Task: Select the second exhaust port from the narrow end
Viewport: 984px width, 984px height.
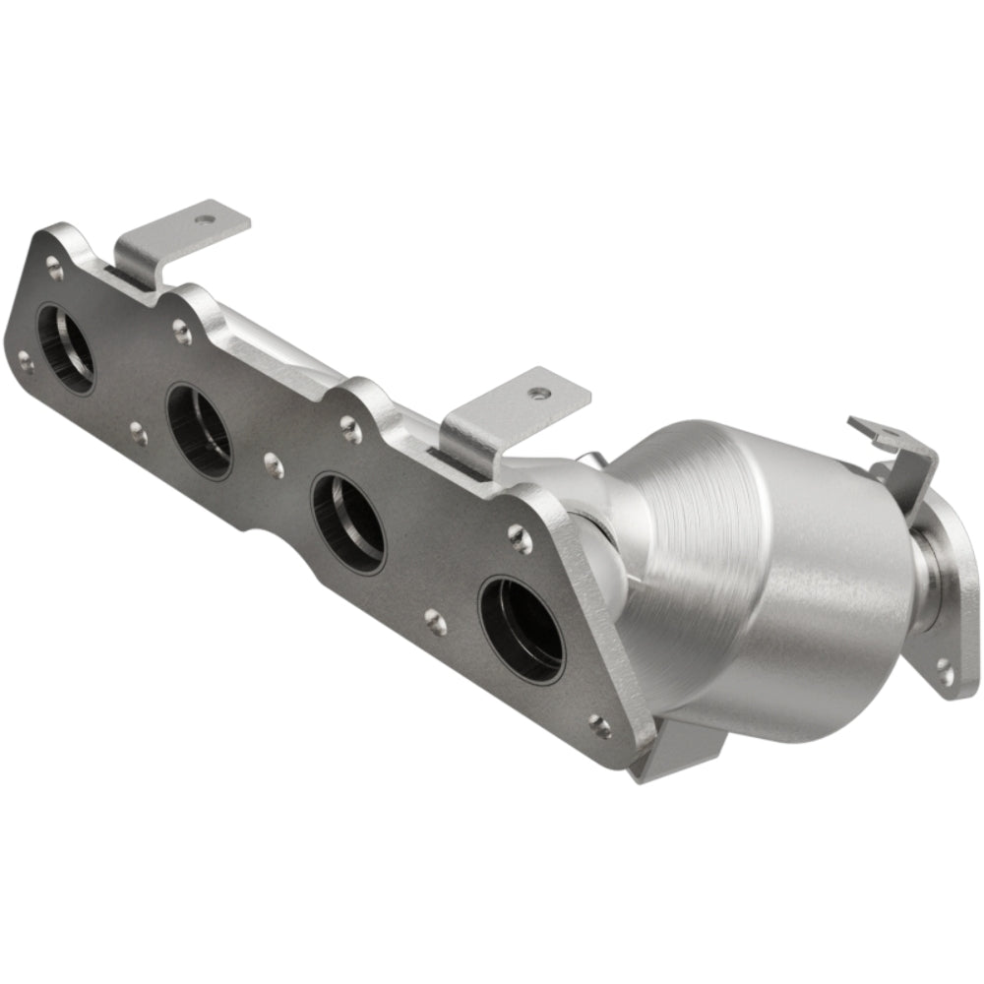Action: [x=199, y=431]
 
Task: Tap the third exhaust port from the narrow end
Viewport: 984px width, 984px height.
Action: [x=348, y=523]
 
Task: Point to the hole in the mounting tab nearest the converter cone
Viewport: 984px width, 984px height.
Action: [x=537, y=393]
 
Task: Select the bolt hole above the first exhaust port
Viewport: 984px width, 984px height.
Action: [x=55, y=264]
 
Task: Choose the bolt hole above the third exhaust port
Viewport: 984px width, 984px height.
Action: [x=350, y=425]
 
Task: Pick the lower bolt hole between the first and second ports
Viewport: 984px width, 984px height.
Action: [x=139, y=433]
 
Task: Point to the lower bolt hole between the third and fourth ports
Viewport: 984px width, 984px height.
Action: [x=433, y=620]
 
